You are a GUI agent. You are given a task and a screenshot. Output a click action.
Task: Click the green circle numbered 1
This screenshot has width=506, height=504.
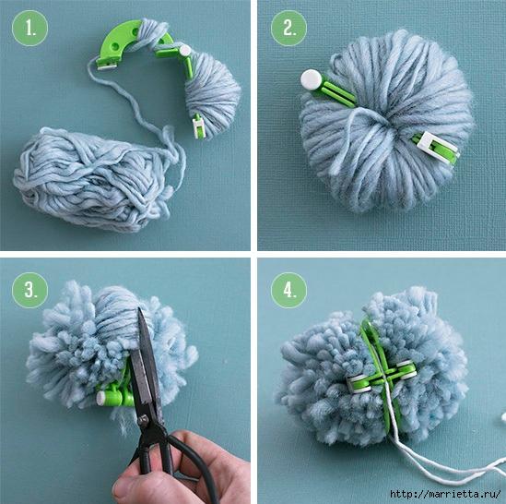(x=29, y=28)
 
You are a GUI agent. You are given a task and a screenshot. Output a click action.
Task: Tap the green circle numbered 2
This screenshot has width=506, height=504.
(x=288, y=28)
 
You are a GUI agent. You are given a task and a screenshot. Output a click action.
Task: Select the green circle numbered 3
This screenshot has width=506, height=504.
(x=29, y=290)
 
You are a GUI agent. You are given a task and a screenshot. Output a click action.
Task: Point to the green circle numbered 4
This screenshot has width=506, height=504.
(x=288, y=290)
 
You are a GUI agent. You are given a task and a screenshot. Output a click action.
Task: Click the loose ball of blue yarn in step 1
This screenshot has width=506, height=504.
(x=94, y=179)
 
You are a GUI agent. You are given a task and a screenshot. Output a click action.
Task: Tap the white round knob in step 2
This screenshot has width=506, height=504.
(x=312, y=80)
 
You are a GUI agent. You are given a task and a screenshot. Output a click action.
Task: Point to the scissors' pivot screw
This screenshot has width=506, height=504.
(x=143, y=420)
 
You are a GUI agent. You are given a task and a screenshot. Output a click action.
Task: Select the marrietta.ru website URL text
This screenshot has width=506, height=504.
(x=445, y=494)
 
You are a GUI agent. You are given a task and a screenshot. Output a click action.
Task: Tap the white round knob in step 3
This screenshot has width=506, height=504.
(x=101, y=398)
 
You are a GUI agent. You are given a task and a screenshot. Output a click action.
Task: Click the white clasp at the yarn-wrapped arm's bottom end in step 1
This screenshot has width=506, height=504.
(x=197, y=126)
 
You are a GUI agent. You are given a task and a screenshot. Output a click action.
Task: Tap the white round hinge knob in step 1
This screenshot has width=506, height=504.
(x=185, y=50)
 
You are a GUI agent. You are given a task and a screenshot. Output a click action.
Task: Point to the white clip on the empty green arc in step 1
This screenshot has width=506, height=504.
(x=106, y=66)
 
